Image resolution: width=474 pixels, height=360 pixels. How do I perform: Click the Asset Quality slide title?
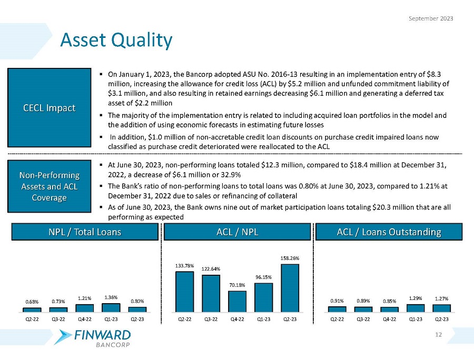(x=116, y=40)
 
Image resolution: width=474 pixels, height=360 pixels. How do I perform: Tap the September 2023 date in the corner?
(x=431, y=18)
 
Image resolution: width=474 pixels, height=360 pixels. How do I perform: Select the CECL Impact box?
(x=49, y=108)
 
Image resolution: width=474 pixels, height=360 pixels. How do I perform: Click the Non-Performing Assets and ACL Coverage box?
(x=49, y=186)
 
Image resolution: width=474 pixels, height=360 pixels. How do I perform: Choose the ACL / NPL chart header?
(x=238, y=232)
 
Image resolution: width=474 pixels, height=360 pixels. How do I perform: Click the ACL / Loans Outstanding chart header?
(x=389, y=232)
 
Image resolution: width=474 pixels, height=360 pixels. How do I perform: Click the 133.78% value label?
(x=184, y=266)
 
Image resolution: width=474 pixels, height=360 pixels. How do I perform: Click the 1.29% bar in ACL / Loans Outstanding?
(x=416, y=308)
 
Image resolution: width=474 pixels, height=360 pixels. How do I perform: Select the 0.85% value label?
(x=389, y=302)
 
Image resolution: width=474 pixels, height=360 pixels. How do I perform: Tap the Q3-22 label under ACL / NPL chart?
(x=211, y=319)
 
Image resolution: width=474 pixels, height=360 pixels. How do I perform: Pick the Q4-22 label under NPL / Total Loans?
(x=84, y=319)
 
